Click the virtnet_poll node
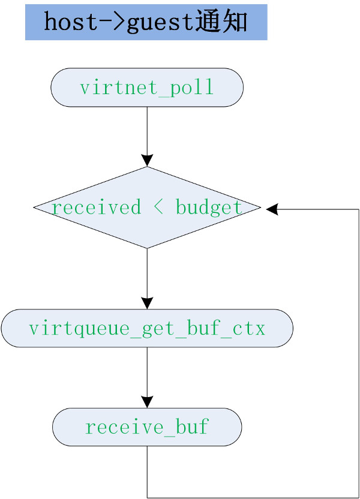(147, 88)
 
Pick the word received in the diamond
(96, 208)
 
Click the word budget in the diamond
(209, 208)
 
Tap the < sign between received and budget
(158, 208)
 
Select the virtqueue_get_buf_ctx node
(147, 329)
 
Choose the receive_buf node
(147, 428)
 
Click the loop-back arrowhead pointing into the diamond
(271, 209)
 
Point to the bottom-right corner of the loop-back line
(358, 497)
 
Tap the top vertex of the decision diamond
(147, 167)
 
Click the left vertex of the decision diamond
(34, 208)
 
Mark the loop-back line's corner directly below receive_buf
(147, 497)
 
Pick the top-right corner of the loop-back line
(358, 209)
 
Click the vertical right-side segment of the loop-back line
(358, 354)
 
